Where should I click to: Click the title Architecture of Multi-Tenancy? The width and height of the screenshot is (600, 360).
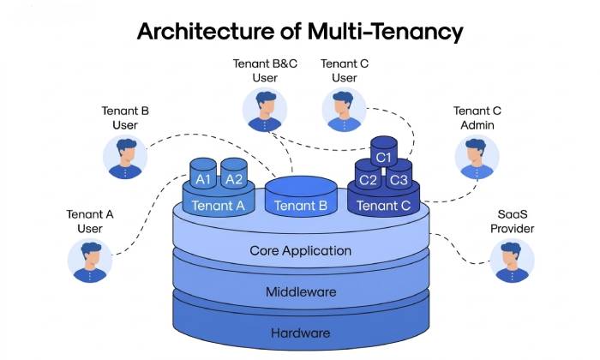[x=300, y=32]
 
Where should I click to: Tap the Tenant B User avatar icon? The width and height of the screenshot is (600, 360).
[x=125, y=158]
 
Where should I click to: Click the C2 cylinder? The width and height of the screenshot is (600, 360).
[x=369, y=179]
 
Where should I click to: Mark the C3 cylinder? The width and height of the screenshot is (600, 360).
[x=399, y=179]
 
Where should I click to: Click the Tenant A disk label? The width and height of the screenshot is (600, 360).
[x=218, y=205]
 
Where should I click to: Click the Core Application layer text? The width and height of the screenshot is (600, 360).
[x=300, y=251]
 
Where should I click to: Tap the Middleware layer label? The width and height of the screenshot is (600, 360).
[x=300, y=292]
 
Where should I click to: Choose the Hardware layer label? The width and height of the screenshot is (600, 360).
[x=300, y=333]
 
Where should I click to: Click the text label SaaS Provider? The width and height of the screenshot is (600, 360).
[x=512, y=222]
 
